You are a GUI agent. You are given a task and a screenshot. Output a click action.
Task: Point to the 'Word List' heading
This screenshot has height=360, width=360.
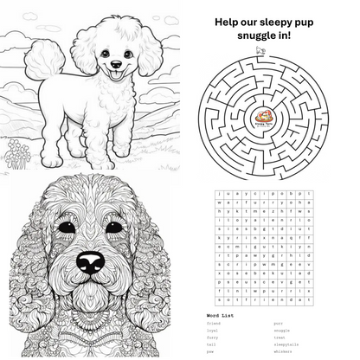220,315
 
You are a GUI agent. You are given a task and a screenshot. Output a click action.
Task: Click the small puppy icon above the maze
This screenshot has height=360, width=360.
259,51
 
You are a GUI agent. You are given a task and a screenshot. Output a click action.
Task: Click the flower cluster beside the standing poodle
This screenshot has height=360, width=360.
18,157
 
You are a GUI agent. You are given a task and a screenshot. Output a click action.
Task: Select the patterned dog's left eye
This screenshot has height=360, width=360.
66,228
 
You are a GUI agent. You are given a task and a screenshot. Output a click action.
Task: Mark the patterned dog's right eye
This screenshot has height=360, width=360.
114,228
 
